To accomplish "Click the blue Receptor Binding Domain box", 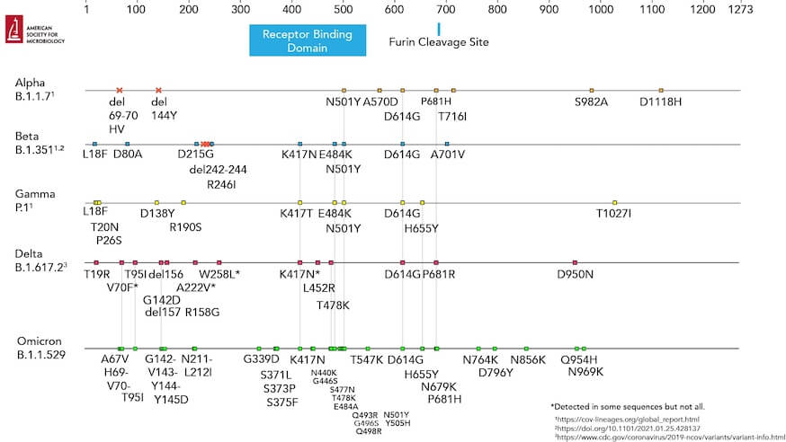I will pyautogui.click(x=313, y=40).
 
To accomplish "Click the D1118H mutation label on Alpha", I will pyautogui.click(x=660, y=102).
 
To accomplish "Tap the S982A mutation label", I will pyautogui.click(x=591, y=102).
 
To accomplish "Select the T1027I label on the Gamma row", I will pyautogui.click(x=613, y=214).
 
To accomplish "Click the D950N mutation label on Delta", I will pyautogui.click(x=576, y=274).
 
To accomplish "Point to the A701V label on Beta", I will pyautogui.click(x=447, y=155).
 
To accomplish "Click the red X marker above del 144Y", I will pyautogui.click(x=158, y=90).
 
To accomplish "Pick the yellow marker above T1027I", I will pyautogui.click(x=614, y=202).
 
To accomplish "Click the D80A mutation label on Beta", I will pyautogui.click(x=128, y=155).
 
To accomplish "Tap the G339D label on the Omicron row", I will pyautogui.click(x=261, y=360).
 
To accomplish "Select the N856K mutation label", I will pyautogui.click(x=528, y=360).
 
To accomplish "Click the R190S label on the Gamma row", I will pyautogui.click(x=185, y=227).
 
